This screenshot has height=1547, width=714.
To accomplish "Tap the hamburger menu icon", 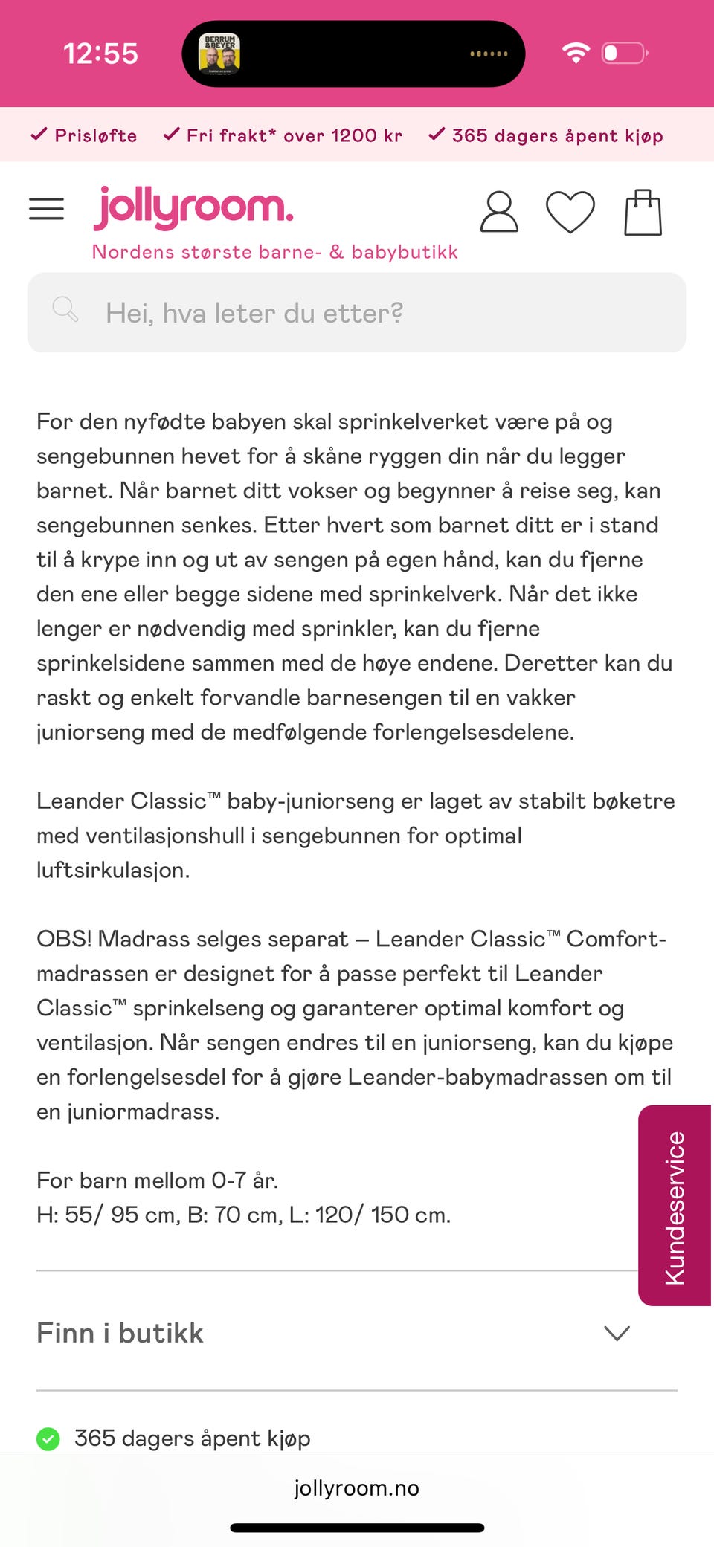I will tap(46, 209).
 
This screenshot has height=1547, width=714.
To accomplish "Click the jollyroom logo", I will tap(193, 207).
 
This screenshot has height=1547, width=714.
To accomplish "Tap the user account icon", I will tap(498, 212).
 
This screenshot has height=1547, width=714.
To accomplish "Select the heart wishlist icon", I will tap(570, 212).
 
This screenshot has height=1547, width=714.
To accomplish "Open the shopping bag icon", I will tap(643, 213).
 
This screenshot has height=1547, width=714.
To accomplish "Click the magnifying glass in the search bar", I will tap(65, 309).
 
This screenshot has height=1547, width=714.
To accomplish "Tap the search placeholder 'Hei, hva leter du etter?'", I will tap(254, 313).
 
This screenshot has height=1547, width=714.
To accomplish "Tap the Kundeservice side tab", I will tap(674, 1206).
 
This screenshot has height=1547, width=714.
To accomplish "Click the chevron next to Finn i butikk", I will tap(617, 1333).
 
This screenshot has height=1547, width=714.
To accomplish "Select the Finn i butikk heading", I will tap(120, 1333).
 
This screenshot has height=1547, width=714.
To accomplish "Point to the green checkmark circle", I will tap(48, 1438).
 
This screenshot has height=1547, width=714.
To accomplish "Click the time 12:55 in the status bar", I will tap(100, 54).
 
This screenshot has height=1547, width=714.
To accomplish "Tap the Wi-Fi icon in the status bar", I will tap(575, 53).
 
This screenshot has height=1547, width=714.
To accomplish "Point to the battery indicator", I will tap(624, 53).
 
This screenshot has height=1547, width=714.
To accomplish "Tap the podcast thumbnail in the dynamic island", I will tap(219, 54).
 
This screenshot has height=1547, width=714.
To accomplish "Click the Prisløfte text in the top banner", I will tap(95, 135).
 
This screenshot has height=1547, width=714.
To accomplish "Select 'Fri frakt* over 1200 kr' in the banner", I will tap(294, 135).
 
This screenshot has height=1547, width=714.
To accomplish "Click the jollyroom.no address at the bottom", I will tap(356, 1488).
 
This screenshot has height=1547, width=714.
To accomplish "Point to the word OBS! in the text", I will tap(64, 939).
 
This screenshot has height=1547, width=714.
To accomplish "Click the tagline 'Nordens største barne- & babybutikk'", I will tap(274, 252).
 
